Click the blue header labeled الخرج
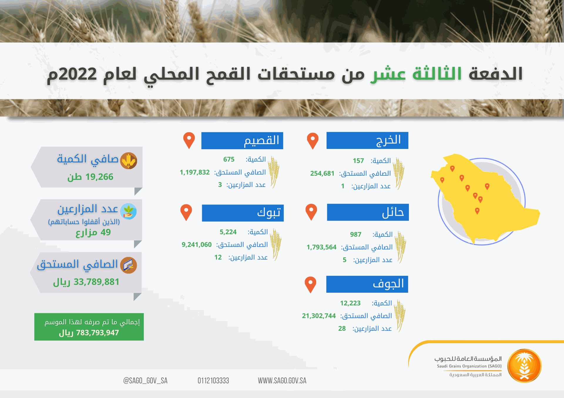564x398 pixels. tap(367, 140)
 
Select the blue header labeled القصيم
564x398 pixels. tap(242, 140)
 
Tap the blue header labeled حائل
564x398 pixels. tap(368, 212)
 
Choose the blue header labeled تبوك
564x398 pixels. tap(243, 213)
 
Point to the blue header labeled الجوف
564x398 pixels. tap(367, 284)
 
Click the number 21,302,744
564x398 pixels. tap(319, 316)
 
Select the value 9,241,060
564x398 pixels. tap(197, 245)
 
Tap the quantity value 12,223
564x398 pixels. tap(350, 303)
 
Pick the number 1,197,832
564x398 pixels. tap(195, 172)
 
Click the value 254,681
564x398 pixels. tap(322, 173)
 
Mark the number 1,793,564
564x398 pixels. tap(321, 247)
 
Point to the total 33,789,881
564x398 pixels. tap(96, 282)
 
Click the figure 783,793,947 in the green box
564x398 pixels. tap(98, 333)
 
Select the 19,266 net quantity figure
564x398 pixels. tap(99, 177)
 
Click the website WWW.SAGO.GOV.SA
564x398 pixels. tap(282, 381)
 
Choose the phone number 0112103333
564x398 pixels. tap(213, 381)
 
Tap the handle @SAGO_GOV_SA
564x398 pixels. tap(145, 381)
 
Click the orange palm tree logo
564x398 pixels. tap(524, 366)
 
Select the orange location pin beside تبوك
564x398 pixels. tap(186, 212)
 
